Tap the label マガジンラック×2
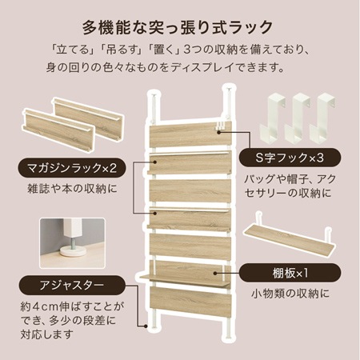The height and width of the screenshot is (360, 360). click(70, 169)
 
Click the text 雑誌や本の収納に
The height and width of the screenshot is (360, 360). click(71, 192)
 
